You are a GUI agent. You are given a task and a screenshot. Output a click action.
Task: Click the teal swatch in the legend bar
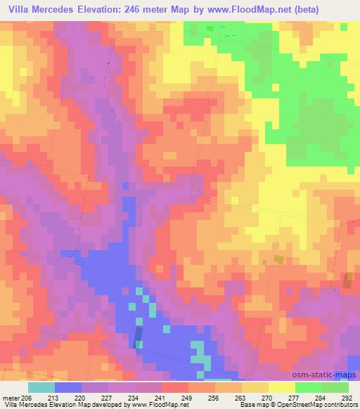(41, 387)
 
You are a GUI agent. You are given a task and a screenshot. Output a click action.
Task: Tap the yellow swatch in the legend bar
(282, 387)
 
